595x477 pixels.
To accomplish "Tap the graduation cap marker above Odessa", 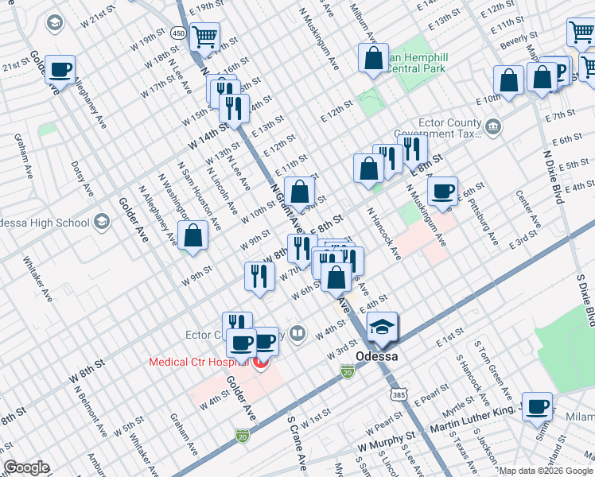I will (x=383, y=328).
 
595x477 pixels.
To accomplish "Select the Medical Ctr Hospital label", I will (x=199, y=363).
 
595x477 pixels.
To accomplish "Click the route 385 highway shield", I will (x=397, y=394).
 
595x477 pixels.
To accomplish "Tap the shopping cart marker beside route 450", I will (x=206, y=36).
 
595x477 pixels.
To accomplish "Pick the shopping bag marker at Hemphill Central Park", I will (x=373, y=58).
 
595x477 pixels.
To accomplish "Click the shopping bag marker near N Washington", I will (x=193, y=235).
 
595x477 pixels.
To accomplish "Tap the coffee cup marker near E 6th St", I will (x=442, y=191).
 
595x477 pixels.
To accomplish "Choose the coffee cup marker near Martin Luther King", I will (x=538, y=406).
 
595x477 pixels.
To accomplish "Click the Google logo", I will (x=26, y=467).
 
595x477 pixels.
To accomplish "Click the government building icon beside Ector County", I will (x=493, y=125).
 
